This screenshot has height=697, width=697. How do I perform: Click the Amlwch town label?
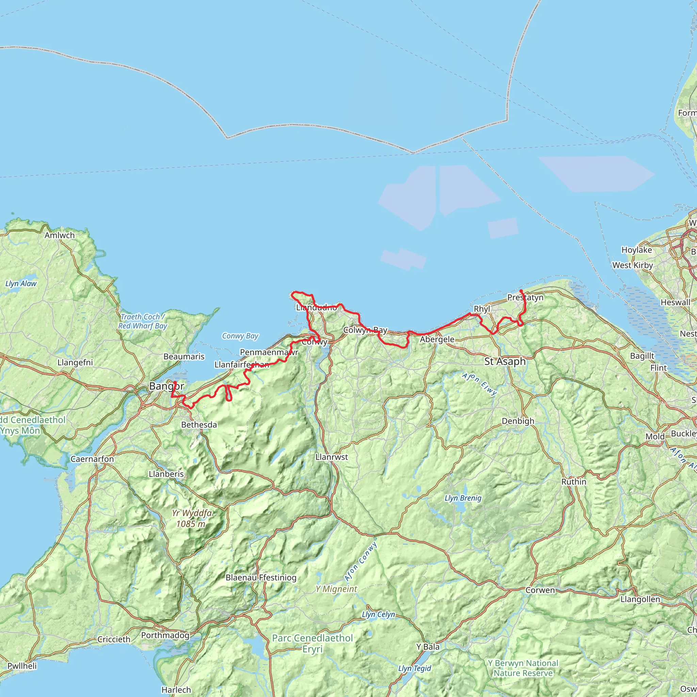(x=60, y=235)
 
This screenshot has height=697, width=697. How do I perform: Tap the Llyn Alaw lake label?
(x=21, y=283)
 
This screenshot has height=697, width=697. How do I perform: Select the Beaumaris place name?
(x=184, y=356)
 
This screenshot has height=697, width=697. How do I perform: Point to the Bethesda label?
(x=199, y=425)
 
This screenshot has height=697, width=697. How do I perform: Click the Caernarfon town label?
(x=92, y=459)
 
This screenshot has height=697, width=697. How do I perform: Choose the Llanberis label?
(x=166, y=474)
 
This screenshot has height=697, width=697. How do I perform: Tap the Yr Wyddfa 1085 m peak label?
(x=192, y=518)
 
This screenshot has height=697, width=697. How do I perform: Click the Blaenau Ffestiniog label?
(x=261, y=578)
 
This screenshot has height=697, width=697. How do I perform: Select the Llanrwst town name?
(x=331, y=457)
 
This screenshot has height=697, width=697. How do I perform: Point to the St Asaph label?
(x=505, y=362)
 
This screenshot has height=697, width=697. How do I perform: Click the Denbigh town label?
(x=518, y=421)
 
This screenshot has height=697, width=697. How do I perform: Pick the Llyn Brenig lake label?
(x=463, y=498)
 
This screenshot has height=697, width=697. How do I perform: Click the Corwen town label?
(x=540, y=590)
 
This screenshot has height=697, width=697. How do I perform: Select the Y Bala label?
(x=428, y=647)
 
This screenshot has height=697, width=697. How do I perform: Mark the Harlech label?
(x=176, y=690)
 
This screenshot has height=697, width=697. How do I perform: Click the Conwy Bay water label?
(x=240, y=336)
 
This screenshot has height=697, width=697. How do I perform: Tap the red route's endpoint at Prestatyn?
(x=521, y=290)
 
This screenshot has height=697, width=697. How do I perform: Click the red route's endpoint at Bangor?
(x=175, y=382)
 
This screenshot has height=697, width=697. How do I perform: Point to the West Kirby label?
(x=632, y=265)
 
